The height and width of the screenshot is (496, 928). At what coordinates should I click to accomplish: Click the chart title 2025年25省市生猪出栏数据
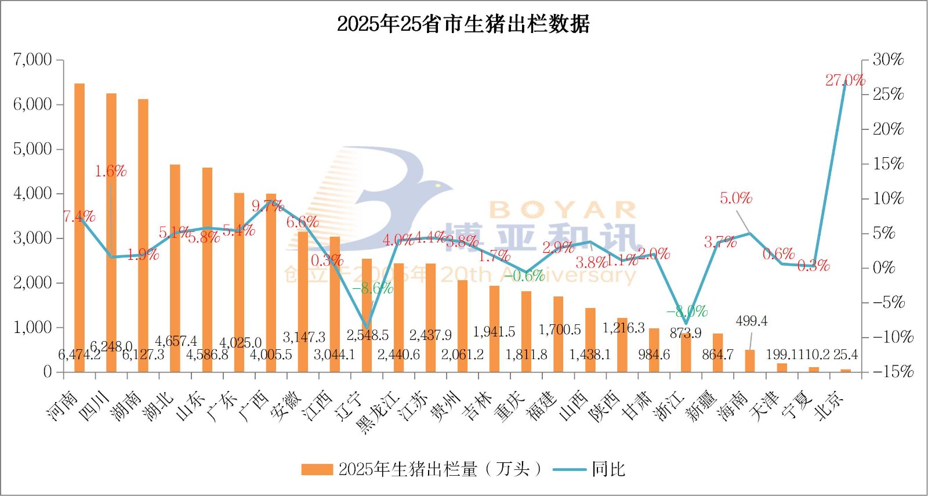[463, 24]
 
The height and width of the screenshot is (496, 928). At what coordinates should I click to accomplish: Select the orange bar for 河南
[79, 226]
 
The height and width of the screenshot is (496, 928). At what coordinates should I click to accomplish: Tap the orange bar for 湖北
[175, 267]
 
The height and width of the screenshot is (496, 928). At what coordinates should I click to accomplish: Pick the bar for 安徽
[303, 302]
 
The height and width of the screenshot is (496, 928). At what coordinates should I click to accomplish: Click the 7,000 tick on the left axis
[32, 60]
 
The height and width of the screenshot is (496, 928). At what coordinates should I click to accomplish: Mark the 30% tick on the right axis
[888, 60]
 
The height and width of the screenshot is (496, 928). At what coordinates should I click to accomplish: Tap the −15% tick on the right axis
[893, 371]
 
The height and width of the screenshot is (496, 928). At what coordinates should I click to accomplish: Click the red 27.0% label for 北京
[845, 80]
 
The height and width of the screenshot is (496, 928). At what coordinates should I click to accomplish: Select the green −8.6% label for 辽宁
[372, 288]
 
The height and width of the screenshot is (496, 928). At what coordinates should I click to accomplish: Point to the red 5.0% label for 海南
[736, 198]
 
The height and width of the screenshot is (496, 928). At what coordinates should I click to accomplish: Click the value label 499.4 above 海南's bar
[751, 321]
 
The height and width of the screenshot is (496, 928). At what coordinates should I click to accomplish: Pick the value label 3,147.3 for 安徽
[304, 337]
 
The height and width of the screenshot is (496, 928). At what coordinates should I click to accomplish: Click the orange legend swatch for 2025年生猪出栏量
[317, 469]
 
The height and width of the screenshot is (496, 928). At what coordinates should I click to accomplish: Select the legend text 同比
[608, 469]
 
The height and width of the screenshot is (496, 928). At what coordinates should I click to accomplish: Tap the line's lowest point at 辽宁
[367, 327]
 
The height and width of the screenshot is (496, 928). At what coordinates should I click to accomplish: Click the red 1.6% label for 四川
[111, 171]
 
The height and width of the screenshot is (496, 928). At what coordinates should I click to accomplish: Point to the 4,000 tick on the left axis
[32, 193]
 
